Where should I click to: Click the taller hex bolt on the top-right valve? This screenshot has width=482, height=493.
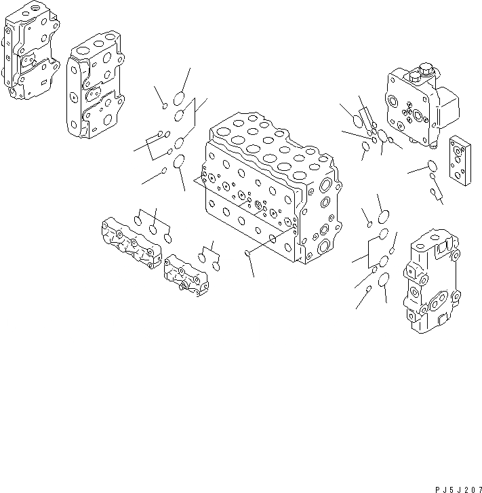pyautogui.click(x=425, y=70)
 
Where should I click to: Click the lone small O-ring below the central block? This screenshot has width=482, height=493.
pyautogui.click(x=247, y=254)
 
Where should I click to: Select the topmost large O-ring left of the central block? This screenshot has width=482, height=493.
pyautogui.click(x=179, y=97)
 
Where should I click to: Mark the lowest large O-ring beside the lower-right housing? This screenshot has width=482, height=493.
pyautogui.click(x=383, y=279)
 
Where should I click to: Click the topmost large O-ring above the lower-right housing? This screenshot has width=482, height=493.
pyautogui.click(x=382, y=218)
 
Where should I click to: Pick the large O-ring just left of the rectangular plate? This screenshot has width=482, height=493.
pyautogui.click(x=432, y=165)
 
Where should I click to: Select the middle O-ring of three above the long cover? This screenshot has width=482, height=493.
pyautogui.click(x=155, y=229)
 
